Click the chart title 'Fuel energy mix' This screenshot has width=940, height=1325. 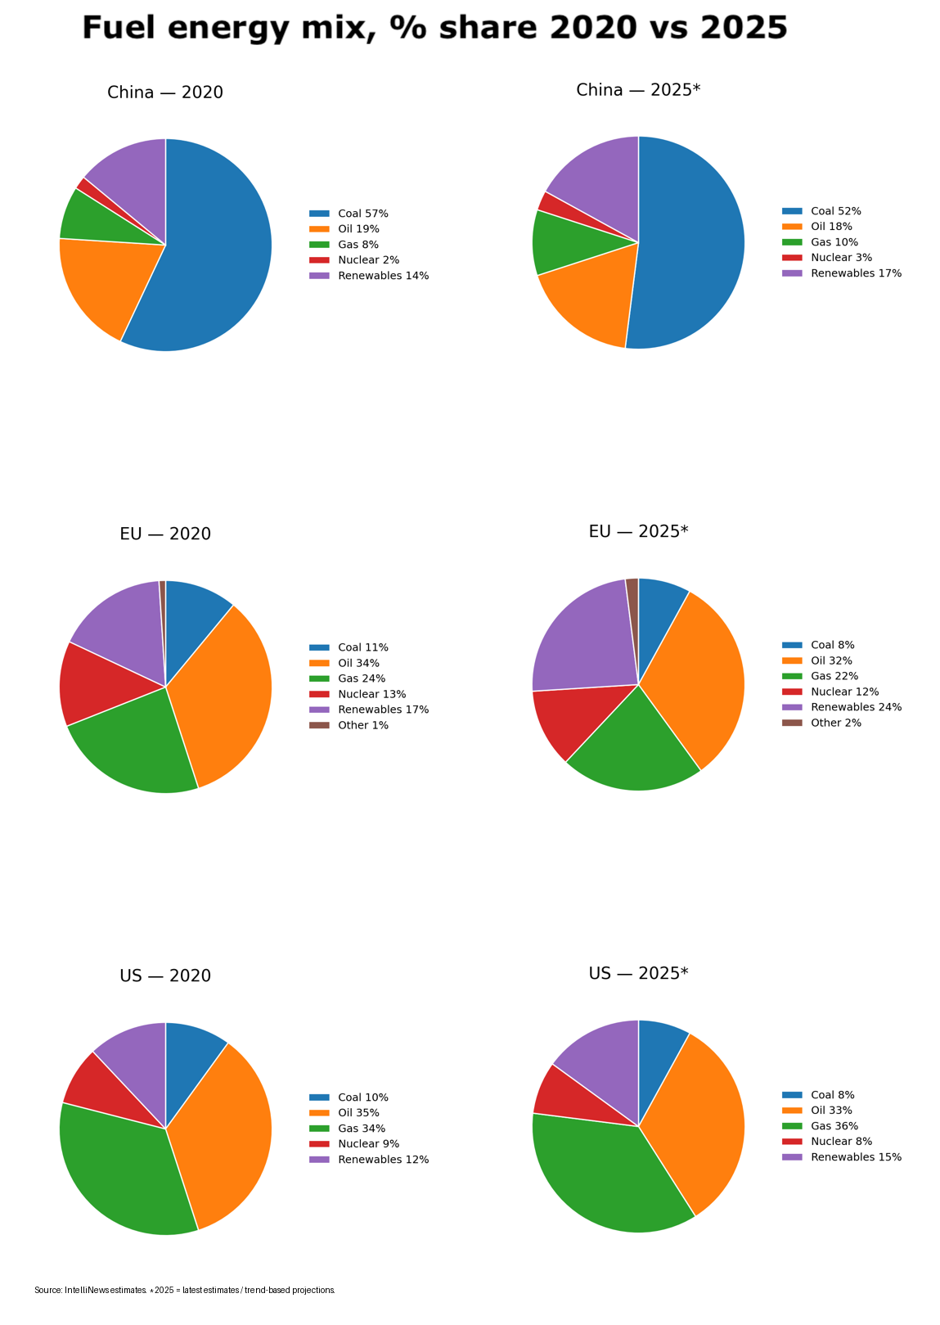pos(434,29)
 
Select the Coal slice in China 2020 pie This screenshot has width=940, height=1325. pos(217,246)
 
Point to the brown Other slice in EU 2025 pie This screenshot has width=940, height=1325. pos(632,588)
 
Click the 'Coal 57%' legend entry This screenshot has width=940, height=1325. pos(362,214)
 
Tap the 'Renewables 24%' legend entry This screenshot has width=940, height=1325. pos(856,707)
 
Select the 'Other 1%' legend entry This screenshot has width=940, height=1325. pos(362,725)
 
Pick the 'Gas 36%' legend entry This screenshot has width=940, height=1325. pos(834,1126)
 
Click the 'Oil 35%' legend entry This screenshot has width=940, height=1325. pos(358,1113)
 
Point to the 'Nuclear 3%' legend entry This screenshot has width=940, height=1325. pos(841,257)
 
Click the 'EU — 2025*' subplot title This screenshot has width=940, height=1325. pos(638,532)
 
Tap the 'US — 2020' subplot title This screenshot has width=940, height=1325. pos(165,976)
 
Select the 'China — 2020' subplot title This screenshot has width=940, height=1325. pos(165,92)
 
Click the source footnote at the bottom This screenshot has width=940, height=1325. pos(185,1290)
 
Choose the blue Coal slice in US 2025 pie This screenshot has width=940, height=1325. pos(659,1056)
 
